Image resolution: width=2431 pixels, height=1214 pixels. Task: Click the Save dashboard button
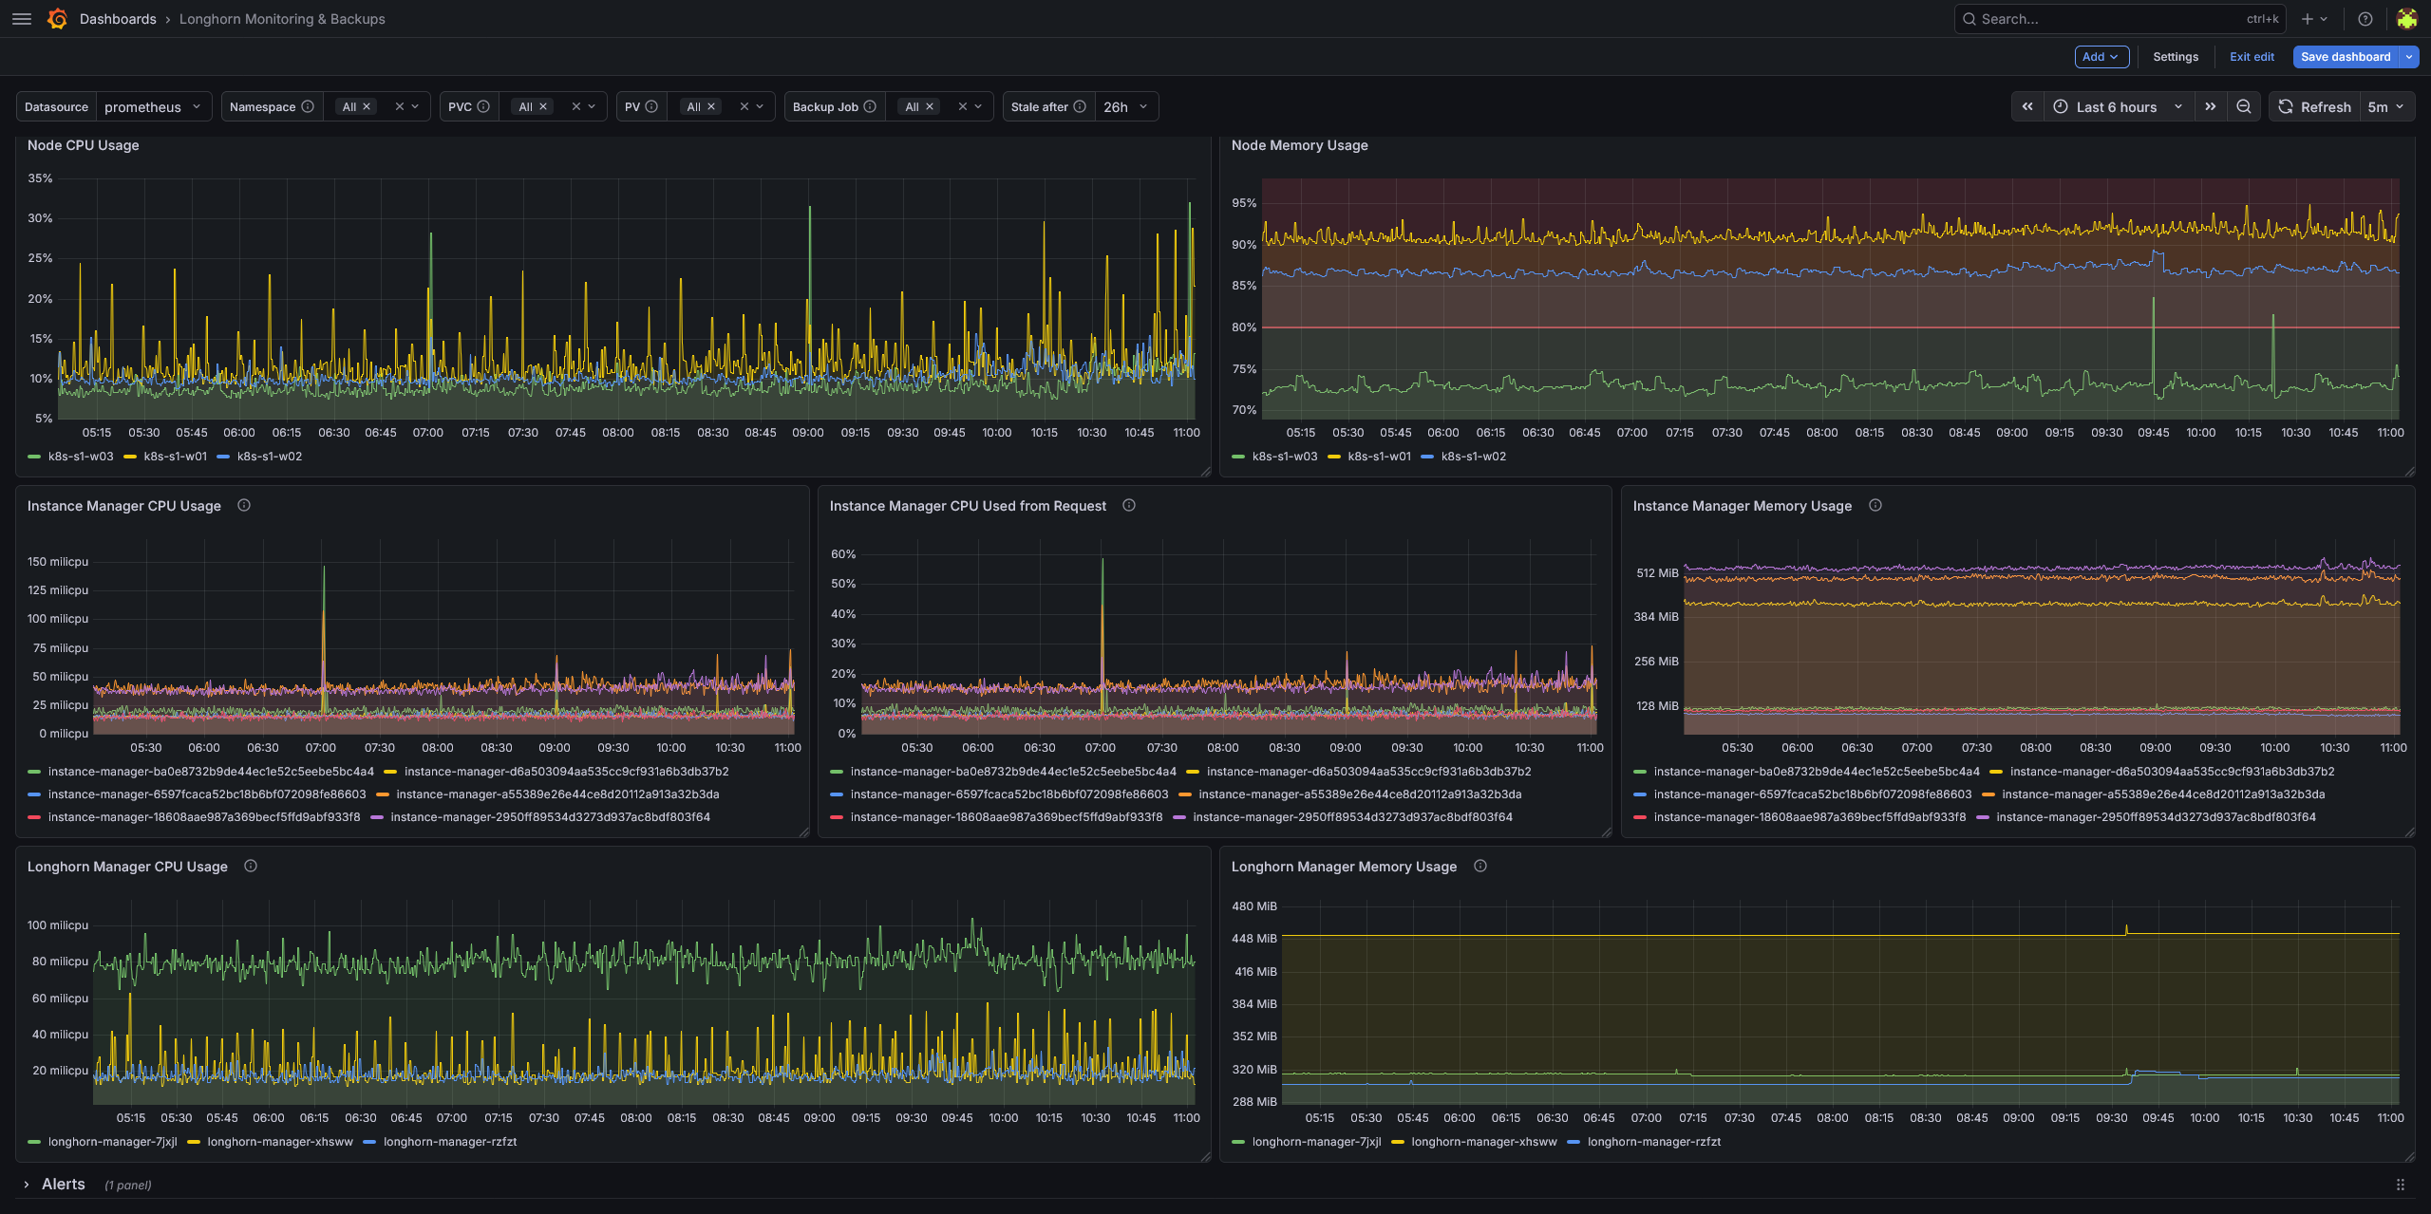2345,57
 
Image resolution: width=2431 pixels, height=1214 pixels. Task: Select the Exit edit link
2252,57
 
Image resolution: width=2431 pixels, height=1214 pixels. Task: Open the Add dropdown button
2101,57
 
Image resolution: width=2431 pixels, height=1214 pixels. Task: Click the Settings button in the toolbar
2176,57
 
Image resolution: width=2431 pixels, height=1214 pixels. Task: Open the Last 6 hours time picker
2118,107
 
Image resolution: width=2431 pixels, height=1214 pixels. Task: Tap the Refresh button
2314,107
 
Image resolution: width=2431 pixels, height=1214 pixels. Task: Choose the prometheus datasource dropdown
153,107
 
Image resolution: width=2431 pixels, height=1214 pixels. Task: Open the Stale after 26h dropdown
1126,107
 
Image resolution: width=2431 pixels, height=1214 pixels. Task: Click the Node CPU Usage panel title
84,145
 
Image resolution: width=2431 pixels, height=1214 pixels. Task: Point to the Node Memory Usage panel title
1299,145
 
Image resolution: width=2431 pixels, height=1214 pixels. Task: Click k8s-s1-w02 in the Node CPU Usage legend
270,457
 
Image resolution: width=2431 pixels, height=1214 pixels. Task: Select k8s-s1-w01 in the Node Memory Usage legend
1379,457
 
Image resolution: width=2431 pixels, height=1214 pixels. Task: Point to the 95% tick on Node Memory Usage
1244,203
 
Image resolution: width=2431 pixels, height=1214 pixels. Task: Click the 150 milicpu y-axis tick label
58,562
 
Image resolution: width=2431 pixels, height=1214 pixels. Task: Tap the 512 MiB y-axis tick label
1657,573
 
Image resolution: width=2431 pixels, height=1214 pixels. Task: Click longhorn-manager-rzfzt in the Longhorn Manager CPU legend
450,1142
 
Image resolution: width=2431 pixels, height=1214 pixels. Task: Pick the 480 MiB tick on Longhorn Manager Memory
1253,906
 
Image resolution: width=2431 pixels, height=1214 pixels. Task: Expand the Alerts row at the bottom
27,1185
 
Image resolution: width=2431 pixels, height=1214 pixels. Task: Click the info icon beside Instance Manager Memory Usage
1875,506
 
